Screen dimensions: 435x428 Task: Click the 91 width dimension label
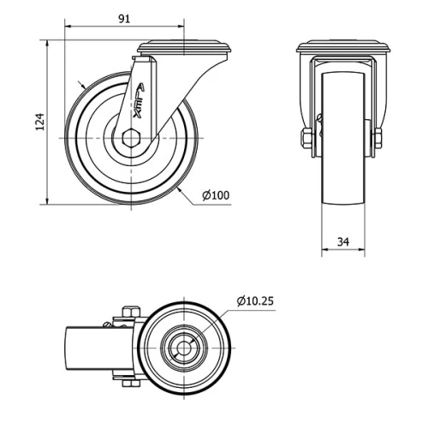(124, 19)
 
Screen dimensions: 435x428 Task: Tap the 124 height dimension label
(38, 122)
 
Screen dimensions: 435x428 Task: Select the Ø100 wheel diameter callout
(216, 195)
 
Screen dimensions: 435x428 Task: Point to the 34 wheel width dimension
(343, 242)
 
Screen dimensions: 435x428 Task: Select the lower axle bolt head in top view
(131, 383)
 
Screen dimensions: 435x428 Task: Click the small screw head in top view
(108, 325)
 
